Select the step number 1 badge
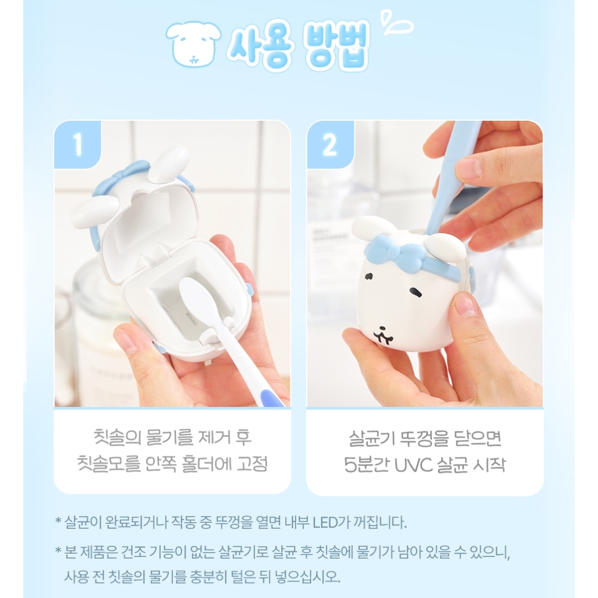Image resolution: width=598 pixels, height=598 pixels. click(78, 144)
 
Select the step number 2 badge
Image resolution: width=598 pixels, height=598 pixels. click(330, 144)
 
